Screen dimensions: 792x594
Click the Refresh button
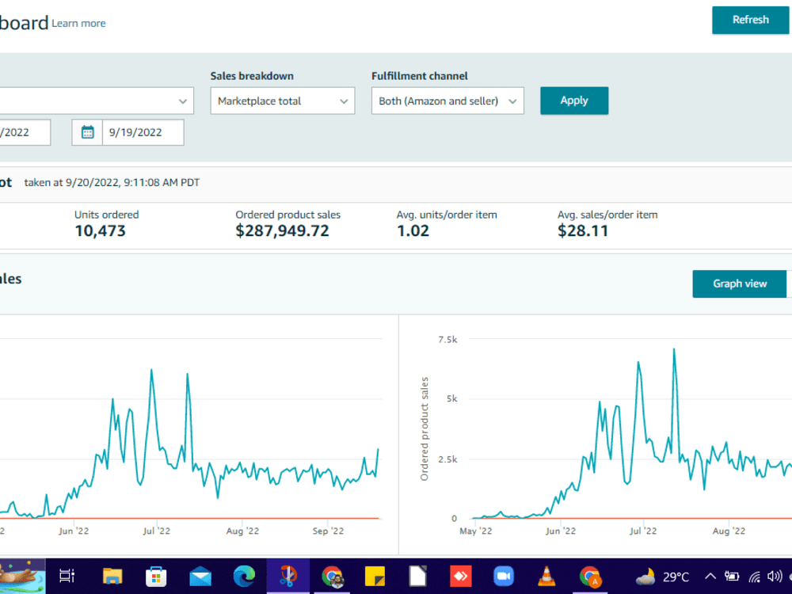751,21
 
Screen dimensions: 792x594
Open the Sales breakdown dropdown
283,101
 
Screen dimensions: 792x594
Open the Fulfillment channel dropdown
447,101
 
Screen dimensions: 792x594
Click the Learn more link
78,23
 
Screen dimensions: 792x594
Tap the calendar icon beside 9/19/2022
87,132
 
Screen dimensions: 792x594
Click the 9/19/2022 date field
143,132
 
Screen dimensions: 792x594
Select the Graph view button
740,284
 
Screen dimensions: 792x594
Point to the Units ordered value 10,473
100,230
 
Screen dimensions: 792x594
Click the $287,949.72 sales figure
283,230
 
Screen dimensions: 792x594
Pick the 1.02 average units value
413,230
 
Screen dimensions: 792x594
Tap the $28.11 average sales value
583,230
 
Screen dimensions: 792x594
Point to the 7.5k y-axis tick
447,340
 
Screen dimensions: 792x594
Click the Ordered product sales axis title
425,428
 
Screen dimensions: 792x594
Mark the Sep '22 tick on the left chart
328,531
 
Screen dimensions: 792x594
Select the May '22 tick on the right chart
475,531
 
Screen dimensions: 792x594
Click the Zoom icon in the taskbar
503,577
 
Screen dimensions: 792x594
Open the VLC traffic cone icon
546,577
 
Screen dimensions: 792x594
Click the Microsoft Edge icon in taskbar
244,577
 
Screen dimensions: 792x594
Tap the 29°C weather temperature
676,577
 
